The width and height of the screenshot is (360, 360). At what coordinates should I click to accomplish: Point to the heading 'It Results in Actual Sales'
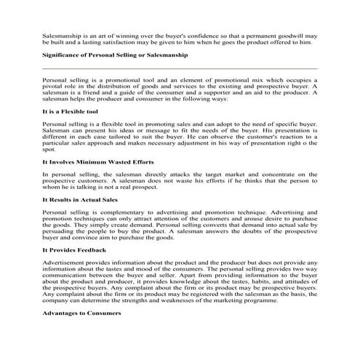[80, 199]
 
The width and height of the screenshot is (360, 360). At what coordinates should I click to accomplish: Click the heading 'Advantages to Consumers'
[81, 313]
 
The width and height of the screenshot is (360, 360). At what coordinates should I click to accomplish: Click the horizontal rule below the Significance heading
[180, 68]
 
